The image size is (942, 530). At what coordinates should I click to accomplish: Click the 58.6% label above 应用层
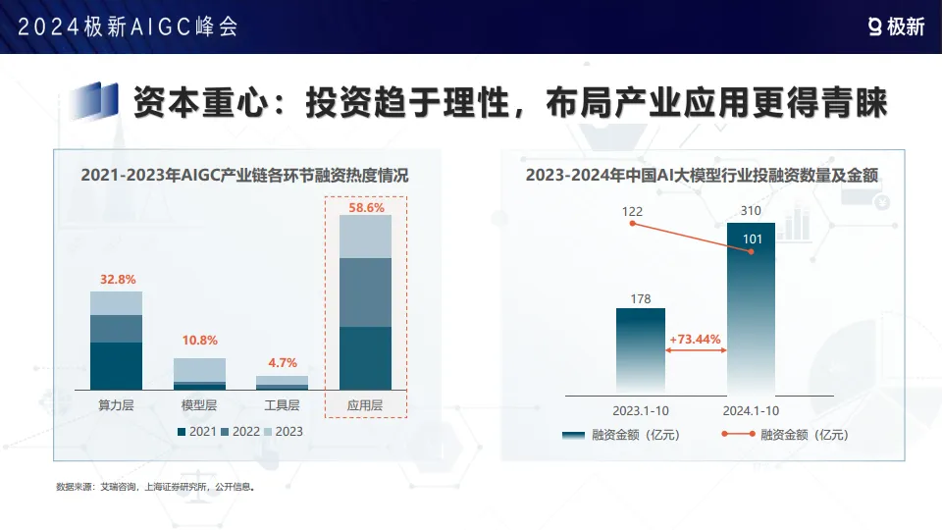366,208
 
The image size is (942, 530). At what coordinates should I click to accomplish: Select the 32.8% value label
117,280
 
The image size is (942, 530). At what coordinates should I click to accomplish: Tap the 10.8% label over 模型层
199,341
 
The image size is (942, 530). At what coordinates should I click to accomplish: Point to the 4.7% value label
282,362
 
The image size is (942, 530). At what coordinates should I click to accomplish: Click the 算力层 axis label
117,404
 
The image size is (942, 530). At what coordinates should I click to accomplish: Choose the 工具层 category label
282,404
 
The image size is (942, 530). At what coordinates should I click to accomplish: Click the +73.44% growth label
695,340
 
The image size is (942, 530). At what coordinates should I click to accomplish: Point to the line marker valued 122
633,224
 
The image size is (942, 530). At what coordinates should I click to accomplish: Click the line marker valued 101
751,252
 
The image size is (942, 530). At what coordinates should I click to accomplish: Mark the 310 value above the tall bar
751,211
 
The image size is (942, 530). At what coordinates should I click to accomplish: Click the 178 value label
641,298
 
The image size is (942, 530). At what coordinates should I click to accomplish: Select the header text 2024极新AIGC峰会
128,26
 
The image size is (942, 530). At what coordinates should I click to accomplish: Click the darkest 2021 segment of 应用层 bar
365,357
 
